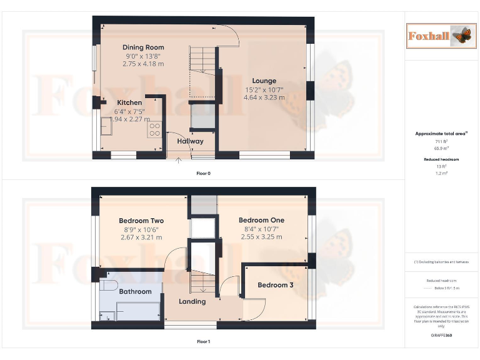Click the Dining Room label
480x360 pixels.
pyautogui.click(x=143, y=47)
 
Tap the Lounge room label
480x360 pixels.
pyautogui.click(x=264, y=81)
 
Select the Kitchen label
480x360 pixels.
pyautogui.click(x=129, y=102)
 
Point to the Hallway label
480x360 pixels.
pyautogui.click(x=190, y=141)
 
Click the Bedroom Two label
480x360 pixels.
pyautogui.click(x=141, y=221)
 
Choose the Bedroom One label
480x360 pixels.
pyautogui.click(x=261, y=220)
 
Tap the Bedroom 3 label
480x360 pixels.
pyautogui.click(x=276, y=285)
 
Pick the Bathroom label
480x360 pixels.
pyautogui.click(x=135, y=292)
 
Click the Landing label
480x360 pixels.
pyautogui.click(x=192, y=301)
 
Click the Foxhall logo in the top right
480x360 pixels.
pyautogui.click(x=439, y=36)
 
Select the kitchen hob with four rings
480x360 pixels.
pyautogui.click(x=154, y=129)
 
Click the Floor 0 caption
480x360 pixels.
pyautogui.click(x=203, y=173)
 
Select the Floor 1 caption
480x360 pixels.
pyautogui.click(x=203, y=342)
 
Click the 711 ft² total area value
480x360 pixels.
pyautogui.click(x=441, y=142)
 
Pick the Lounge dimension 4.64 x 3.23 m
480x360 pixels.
pyautogui.click(x=264, y=97)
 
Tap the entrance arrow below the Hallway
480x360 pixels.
pyautogui.click(x=179, y=161)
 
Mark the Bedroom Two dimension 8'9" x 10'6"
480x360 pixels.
pyautogui.click(x=141, y=229)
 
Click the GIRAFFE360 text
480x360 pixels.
pyautogui.click(x=441, y=336)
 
